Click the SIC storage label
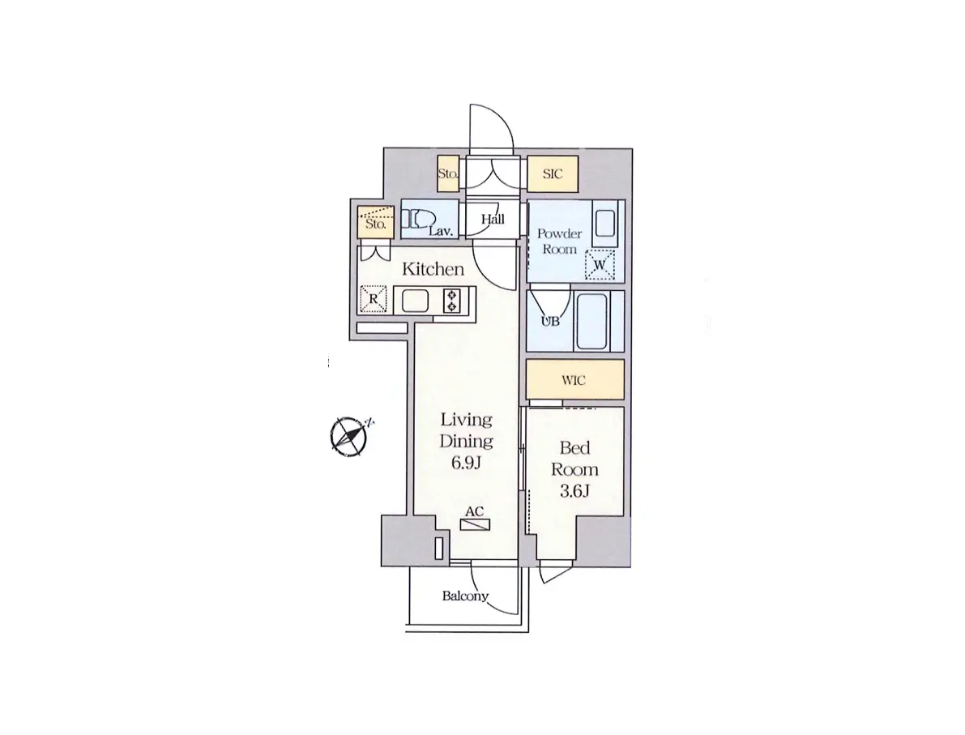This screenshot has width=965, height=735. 553,174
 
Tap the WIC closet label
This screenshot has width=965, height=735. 574,380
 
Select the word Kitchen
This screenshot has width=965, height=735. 433,269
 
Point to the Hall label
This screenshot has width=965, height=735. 493,219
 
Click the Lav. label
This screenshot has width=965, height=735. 442,232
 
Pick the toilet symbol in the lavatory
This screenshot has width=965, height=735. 419,220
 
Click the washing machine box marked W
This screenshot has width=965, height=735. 600,265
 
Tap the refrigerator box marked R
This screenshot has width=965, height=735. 374,299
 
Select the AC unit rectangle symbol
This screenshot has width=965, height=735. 475,525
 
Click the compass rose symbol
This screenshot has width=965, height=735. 349,437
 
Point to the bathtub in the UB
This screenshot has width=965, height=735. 592,322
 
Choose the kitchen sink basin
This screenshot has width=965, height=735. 416,301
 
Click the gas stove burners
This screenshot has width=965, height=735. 452,301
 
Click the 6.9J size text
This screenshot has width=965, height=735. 466,463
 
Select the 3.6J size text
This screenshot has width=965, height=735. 574,491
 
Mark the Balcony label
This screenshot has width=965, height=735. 465,596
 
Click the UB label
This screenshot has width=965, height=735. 550,322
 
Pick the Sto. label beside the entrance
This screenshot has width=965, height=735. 448,174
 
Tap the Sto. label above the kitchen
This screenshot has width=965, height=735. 375,224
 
